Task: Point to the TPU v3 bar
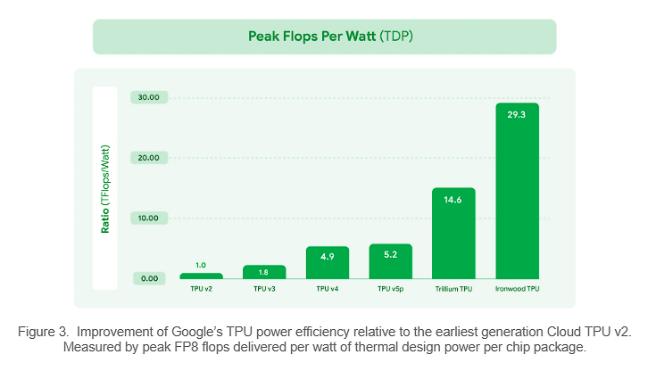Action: (264, 272)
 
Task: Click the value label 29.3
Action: (518, 115)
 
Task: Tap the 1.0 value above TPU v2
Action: (201, 265)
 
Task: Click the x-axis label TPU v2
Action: (201, 289)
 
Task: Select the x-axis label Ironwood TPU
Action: (518, 289)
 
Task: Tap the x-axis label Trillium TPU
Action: (453, 289)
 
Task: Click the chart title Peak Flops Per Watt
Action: (311, 37)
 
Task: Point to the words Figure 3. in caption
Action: (41, 331)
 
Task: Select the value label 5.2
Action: (390, 255)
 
